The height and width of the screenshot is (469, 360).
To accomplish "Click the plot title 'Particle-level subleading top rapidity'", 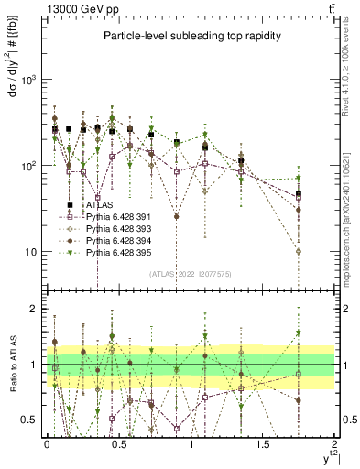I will point(189,37).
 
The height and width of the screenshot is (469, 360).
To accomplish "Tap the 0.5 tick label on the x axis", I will point(119,442).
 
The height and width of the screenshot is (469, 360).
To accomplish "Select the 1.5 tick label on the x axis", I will point(263,442).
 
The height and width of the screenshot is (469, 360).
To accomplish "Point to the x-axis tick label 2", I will point(335,442).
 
